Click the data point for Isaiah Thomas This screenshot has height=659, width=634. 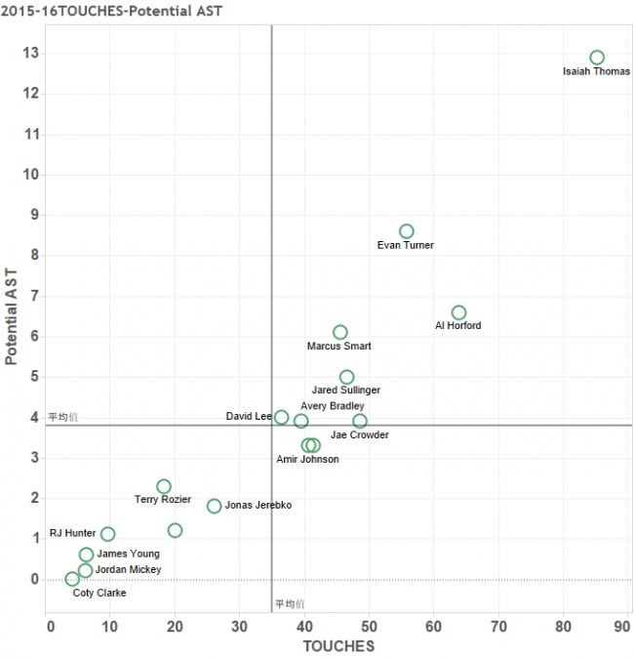[597, 58]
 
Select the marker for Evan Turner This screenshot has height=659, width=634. [407, 231]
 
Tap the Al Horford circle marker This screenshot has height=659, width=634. [458, 312]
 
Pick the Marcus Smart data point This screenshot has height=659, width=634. [339, 333]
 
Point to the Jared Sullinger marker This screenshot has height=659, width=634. [346, 377]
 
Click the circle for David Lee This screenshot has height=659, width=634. [282, 417]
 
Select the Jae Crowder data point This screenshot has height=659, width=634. [360, 421]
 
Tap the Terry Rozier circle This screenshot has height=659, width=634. [164, 486]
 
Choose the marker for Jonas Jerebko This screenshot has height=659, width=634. [214, 506]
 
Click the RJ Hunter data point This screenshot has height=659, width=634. [107, 534]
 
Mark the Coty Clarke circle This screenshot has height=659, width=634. [72, 579]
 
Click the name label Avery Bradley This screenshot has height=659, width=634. [333, 406]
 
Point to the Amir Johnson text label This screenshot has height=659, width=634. [307, 459]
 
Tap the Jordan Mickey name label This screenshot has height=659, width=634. [128, 569]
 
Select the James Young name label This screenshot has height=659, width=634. [129, 554]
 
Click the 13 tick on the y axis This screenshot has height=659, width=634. [32, 54]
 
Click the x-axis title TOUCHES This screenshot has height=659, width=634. [338, 645]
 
